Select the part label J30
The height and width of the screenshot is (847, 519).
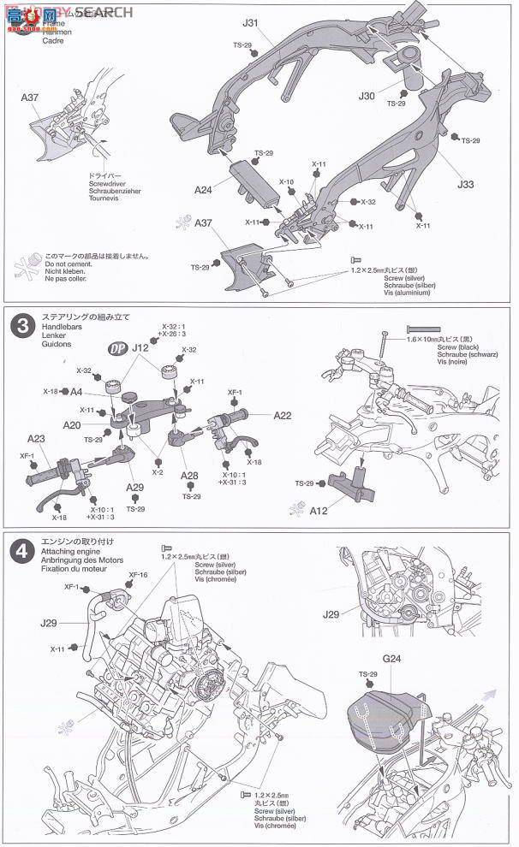[369, 96]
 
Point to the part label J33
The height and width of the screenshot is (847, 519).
[466, 184]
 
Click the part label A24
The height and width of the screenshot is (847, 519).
[204, 189]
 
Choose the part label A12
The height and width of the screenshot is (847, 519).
[319, 511]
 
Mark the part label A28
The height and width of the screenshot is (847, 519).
[189, 476]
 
